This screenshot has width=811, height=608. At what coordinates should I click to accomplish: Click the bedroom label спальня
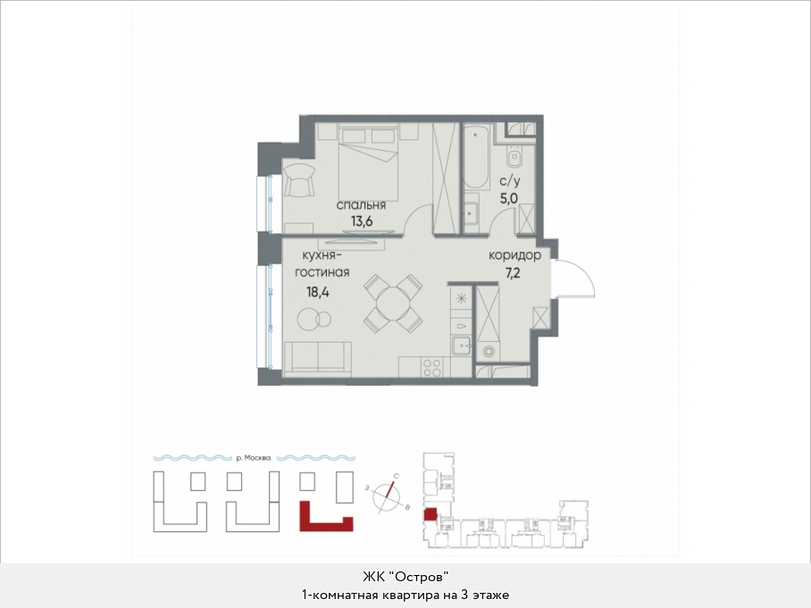coord(361,205)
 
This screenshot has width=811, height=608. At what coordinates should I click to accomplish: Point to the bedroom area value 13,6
coord(362,221)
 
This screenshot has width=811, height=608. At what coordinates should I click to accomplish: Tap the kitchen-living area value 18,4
coord(318,292)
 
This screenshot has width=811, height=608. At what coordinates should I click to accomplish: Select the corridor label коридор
coord(514,254)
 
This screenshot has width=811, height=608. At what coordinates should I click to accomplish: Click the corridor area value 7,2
coord(513,272)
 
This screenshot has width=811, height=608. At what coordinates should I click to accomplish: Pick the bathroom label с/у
coord(509,181)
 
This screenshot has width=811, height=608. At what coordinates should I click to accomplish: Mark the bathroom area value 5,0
coord(509,198)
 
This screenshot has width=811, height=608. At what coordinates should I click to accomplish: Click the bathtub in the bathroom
coord(476,156)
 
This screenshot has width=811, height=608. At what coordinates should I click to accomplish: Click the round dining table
coord(393,303)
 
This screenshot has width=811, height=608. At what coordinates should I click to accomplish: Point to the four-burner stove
coord(432,367)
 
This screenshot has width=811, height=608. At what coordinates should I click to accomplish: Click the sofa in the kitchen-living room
coord(318,359)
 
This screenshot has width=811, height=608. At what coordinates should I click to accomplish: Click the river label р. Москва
coord(254,457)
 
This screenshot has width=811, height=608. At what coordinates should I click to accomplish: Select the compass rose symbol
coord(388,496)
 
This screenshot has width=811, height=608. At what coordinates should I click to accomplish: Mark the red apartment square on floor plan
coord(430,514)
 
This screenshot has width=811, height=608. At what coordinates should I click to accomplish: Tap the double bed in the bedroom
coord(368,162)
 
